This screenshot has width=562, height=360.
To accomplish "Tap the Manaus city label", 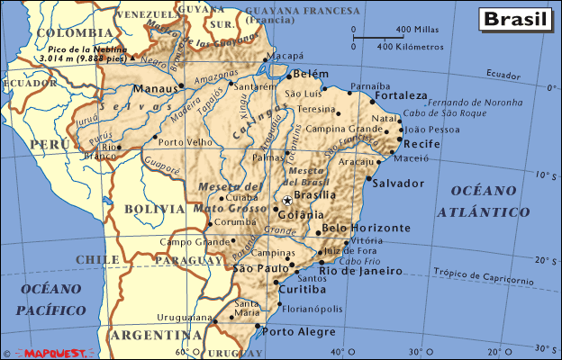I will coord(156,89).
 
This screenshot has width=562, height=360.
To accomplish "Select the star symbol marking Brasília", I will coord(287,200).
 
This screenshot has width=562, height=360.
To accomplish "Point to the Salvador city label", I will coord(397,184).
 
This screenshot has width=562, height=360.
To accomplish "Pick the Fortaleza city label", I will coord(401,95).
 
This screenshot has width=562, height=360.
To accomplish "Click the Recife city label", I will coord(421,144).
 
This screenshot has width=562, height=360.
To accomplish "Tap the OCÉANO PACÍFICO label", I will coord(53,299).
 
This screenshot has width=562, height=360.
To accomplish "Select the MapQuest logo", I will coord(50,353).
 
